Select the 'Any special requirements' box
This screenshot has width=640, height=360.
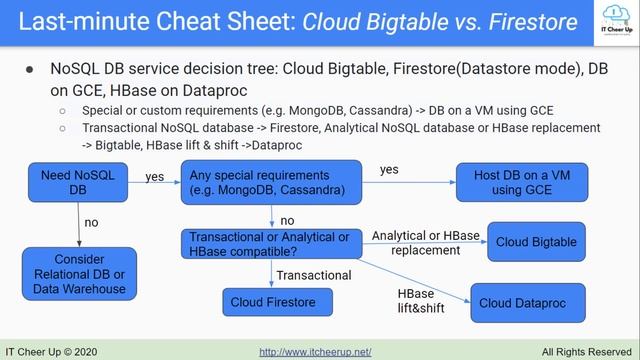(269, 182)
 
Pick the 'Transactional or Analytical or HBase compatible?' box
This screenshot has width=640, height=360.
(269, 243)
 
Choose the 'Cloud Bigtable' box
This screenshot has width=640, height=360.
(536, 242)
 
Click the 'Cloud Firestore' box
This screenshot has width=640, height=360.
(273, 302)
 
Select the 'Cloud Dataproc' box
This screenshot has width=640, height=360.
(524, 303)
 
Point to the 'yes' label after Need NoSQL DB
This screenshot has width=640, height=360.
(155, 177)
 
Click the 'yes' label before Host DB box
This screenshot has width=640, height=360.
(389, 170)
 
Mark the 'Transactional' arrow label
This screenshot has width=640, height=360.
(314, 274)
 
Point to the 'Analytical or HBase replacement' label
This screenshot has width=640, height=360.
(426, 242)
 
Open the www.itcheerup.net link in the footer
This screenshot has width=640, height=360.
(315, 352)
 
